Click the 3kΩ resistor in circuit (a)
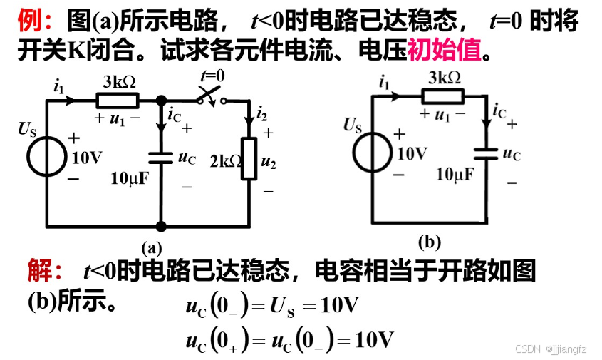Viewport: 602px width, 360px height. [117, 101]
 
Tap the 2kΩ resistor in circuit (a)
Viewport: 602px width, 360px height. [249, 160]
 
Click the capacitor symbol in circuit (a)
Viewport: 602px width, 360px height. [162, 158]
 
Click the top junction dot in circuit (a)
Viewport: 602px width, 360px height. [162, 101]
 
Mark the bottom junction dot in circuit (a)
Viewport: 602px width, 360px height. [162, 226]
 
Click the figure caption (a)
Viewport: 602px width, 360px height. [152, 247]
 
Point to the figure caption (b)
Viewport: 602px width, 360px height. [429, 242]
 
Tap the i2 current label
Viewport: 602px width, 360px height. [261, 113]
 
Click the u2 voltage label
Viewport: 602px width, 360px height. [269, 162]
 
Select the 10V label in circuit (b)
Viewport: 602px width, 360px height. [412, 153]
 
